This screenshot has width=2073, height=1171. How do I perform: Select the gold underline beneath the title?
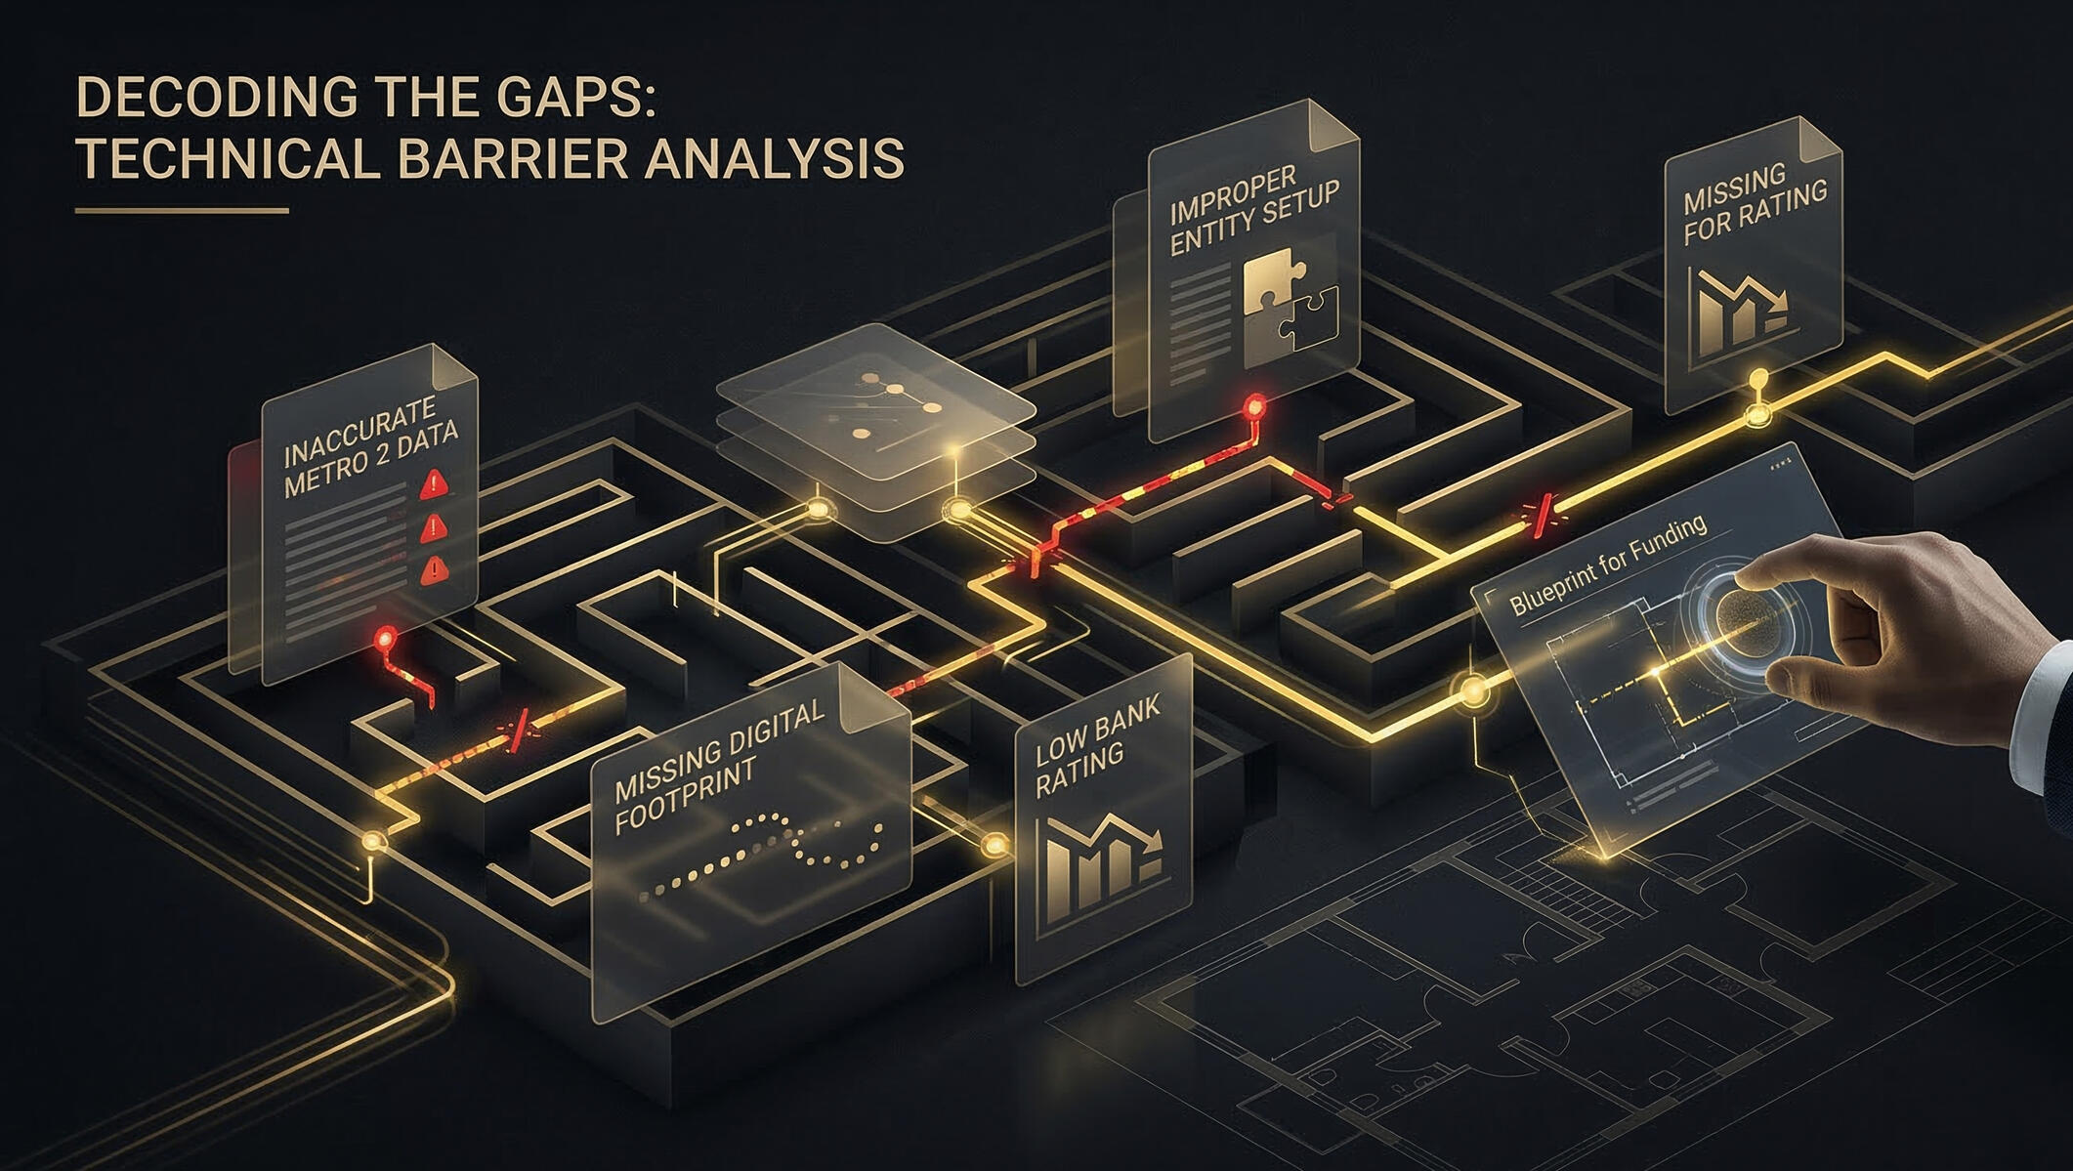pyautogui.click(x=182, y=210)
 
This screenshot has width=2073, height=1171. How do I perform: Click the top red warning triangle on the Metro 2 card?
pyautogui.click(x=432, y=483)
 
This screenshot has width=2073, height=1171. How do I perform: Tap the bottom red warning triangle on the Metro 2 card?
pyautogui.click(x=432, y=569)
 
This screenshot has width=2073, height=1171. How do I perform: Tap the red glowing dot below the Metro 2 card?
pyautogui.click(x=387, y=640)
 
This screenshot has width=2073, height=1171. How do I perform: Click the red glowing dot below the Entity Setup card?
pyautogui.click(x=1253, y=405)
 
